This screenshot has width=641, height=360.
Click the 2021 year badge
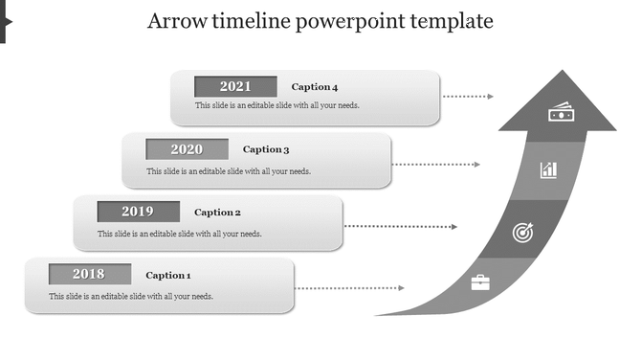click(235, 86)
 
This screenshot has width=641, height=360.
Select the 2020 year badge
click(187, 148)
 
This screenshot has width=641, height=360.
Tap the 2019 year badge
click(138, 212)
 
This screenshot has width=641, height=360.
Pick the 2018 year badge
click(89, 274)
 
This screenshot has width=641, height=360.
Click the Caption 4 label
click(315, 87)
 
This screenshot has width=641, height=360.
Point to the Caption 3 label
click(266, 149)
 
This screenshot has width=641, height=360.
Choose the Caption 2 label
click(217, 213)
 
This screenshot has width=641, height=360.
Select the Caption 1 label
click(168, 276)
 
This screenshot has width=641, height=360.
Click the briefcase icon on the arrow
click(479, 282)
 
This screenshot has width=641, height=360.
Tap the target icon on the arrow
click(522, 232)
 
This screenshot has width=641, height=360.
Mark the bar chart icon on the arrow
click(548, 170)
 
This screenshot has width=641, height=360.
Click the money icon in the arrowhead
click(560, 113)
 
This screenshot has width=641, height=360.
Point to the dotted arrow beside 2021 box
click(469, 97)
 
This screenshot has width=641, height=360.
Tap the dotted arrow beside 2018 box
click(349, 288)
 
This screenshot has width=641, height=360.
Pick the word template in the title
click(451, 21)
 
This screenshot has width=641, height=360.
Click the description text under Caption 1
click(132, 296)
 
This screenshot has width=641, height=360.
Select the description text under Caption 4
click(277, 105)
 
